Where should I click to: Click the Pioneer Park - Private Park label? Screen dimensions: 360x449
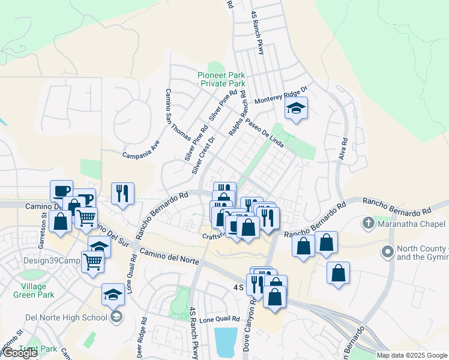[221, 79]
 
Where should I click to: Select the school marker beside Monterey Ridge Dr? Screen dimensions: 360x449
[295, 109]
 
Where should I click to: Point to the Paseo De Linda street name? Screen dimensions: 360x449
[265, 125]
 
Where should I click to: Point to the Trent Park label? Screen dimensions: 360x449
[37, 349]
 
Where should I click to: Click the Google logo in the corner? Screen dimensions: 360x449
[20, 352]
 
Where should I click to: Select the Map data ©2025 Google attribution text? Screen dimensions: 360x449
[412, 355]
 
